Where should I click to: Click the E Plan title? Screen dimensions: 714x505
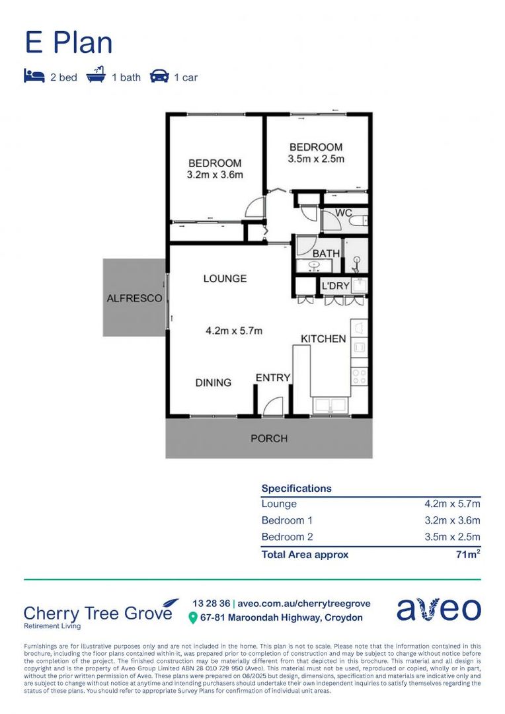69,43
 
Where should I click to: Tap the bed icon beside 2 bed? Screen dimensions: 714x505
34,77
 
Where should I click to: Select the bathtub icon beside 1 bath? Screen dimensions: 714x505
97,77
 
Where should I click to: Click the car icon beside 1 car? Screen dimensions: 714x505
159,77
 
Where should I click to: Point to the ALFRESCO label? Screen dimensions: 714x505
134,299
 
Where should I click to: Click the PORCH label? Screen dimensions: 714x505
269,438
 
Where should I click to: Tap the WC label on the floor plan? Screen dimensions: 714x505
343,213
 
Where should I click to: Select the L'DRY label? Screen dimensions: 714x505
334,286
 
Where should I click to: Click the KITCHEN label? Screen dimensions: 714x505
323,338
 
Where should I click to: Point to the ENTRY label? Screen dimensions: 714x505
273,377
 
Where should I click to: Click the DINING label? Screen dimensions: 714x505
213,382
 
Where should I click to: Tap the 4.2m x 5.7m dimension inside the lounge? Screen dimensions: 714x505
225,331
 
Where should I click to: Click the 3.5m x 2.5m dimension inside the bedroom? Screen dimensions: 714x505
316,159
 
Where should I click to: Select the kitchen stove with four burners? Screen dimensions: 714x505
360,377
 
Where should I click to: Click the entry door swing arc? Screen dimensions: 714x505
273,406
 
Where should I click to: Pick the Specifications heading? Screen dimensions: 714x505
296,489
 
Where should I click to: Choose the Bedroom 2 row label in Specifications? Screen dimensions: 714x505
282,537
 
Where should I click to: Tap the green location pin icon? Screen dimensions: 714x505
193,618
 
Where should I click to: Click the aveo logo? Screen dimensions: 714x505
439,610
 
